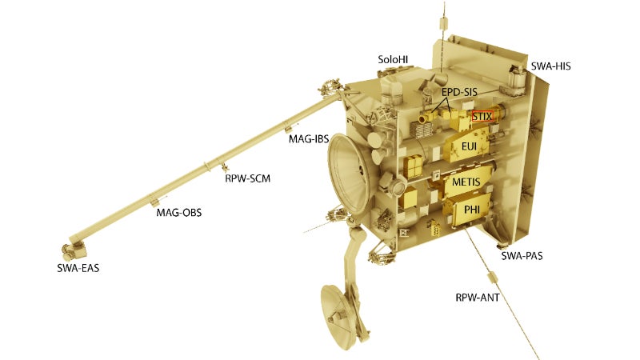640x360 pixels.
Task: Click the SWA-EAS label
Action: [x=78, y=268]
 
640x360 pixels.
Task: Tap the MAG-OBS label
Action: [x=178, y=212]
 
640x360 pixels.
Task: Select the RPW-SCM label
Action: [x=247, y=178]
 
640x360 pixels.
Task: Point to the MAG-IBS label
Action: [x=309, y=138]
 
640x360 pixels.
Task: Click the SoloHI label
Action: [x=393, y=59]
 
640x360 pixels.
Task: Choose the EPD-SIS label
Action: [x=459, y=92]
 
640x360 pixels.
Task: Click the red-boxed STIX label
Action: [x=482, y=116]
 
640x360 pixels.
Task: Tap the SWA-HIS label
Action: [x=550, y=66]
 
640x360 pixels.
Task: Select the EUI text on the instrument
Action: [x=469, y=146]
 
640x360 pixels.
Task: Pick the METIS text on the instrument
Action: [x=466, y=182]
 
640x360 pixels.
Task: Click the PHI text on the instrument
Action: [x=472, y=210]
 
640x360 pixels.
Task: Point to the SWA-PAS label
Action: [x=522, y=256]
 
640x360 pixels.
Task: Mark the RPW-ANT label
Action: [x=477, y=298]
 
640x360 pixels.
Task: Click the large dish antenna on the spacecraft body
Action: [x=350, y=173]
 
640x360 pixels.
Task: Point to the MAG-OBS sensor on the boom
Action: [x=154, y=201]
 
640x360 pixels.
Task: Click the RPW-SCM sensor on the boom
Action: [x=224, y=167]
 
